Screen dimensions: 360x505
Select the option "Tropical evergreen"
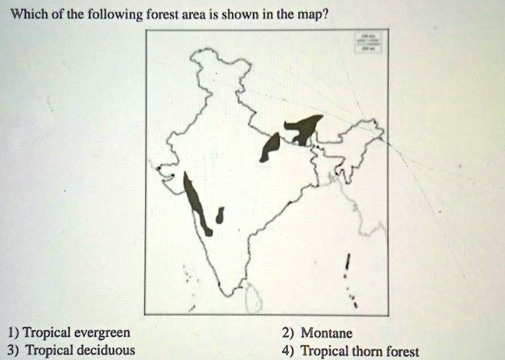tap(77, 333)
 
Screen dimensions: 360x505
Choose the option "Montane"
tap(326, 333)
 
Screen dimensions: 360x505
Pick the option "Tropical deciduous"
tap(79, 350)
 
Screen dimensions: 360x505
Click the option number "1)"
tap(12, 333)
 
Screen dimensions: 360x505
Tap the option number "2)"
tap(288, 333)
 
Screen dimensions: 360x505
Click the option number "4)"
tap(288, 351)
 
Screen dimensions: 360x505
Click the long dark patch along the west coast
tap(195, 201)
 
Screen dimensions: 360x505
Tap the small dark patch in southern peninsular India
tap(220, 215)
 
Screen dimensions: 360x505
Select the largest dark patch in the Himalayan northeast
tap(305, 128)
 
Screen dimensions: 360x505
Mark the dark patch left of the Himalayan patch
tap(270, 147)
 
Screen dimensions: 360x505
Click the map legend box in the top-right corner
tap(368, 43)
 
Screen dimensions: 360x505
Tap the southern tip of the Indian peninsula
tap(228, 294)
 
